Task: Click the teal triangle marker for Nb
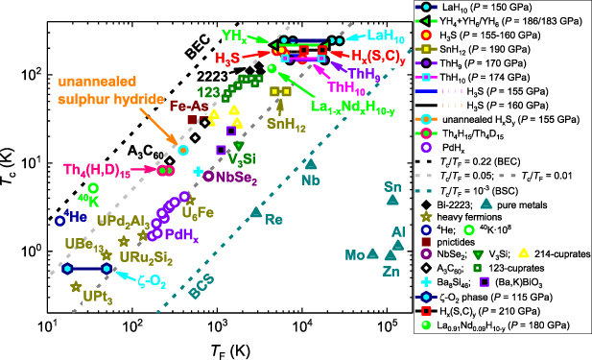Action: tap(309, 163)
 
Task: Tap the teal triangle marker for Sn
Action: tap(391, 200)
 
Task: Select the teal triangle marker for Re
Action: tap(255, 211)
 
